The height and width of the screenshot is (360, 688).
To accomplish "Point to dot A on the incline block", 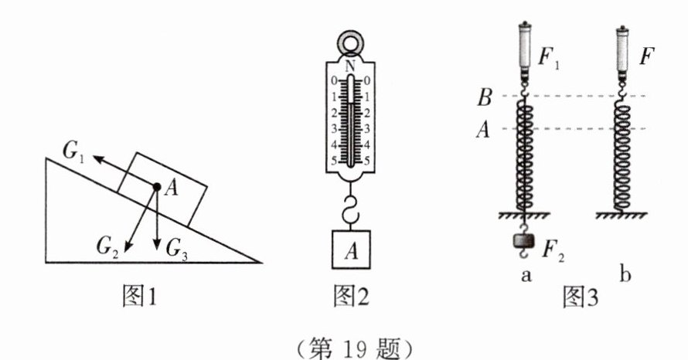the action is tap(156, 187).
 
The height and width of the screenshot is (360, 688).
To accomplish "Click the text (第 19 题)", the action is tap(346, 341).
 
